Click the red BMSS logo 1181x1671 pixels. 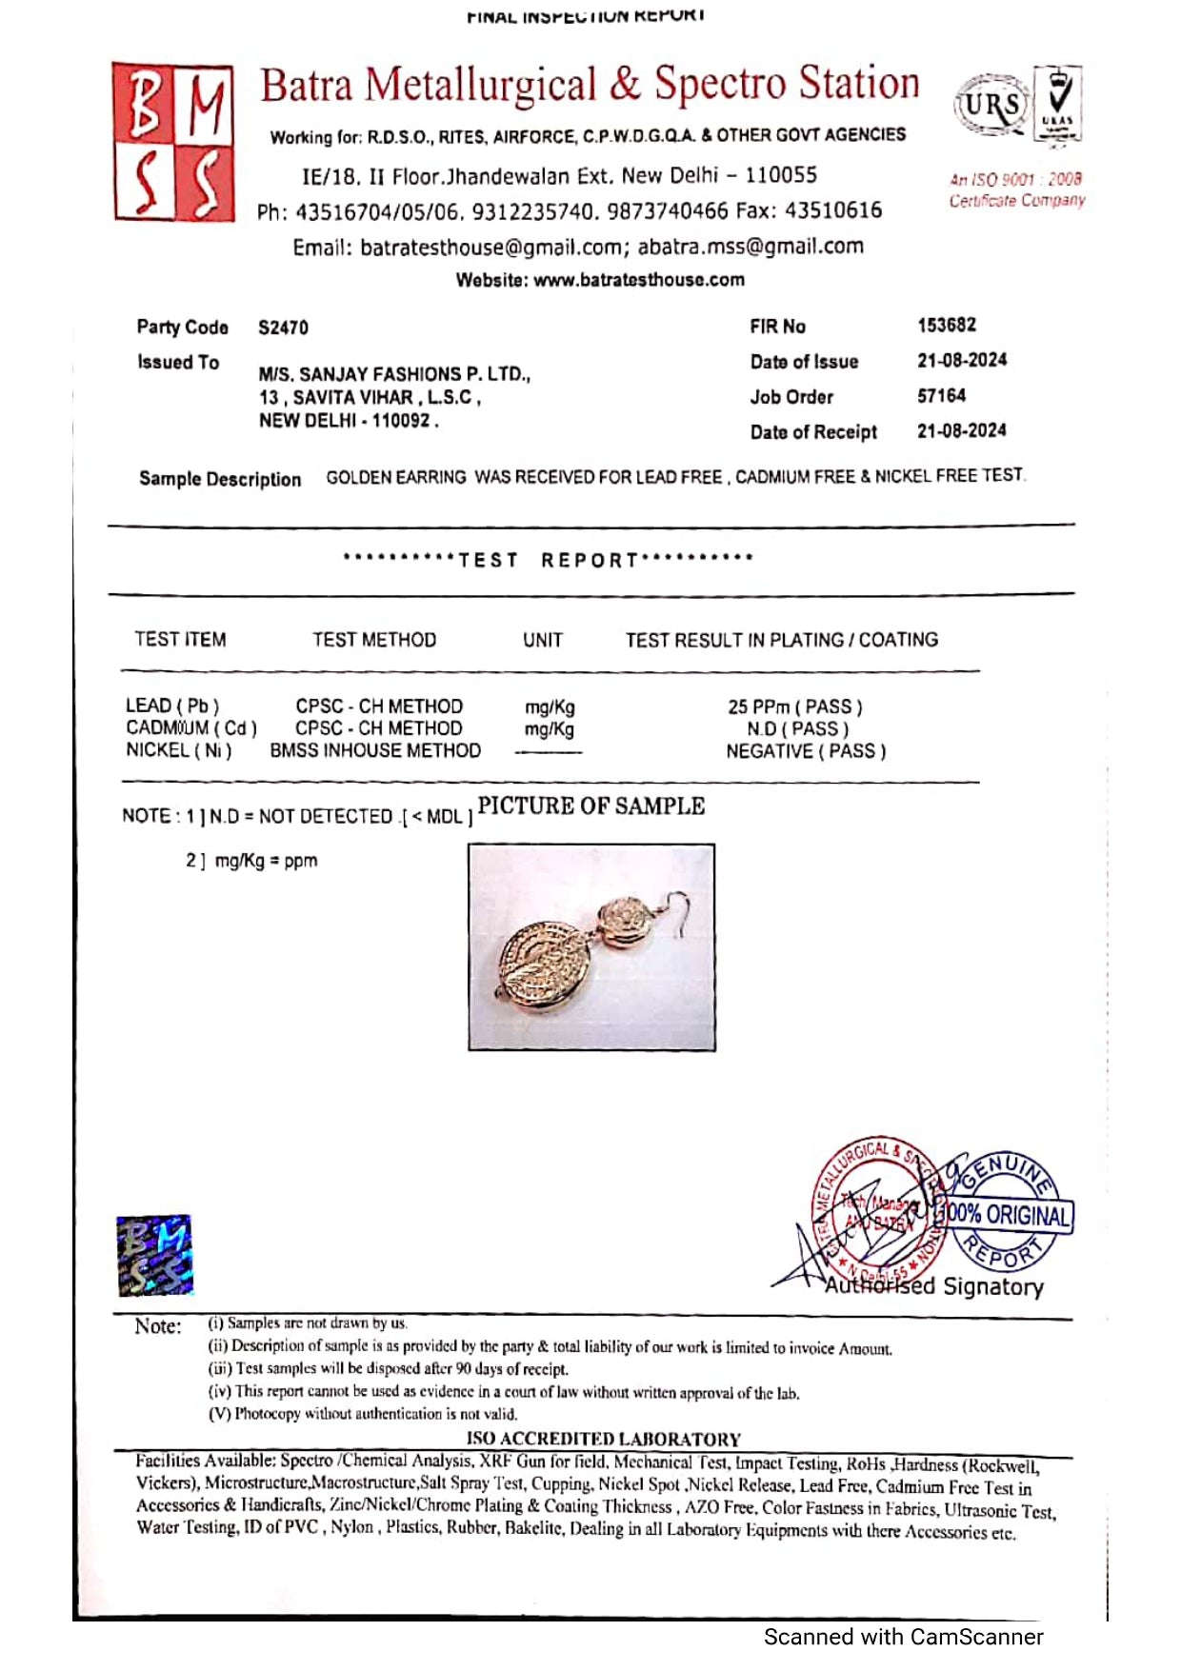coord(173,143)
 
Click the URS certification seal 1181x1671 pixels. coord(991,106)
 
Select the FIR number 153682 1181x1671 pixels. coord(947,325)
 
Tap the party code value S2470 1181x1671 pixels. coord(283,328)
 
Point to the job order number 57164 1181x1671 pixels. coord(941,395)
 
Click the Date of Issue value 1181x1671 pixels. coord(962,360)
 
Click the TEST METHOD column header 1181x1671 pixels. coord(374,640)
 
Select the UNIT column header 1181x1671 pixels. coord(543,640)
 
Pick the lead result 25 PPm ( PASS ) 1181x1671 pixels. coord(795,706)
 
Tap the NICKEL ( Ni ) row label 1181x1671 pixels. coord(179,750)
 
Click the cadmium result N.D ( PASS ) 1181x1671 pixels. coord(798,728)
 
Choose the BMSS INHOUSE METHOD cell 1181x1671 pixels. coord(375,750)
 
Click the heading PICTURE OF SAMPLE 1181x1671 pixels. coord(591,806)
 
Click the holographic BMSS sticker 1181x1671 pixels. coord(154,1255)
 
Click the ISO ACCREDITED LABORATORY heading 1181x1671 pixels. coord(603,1439)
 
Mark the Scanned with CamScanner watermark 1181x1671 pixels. coord(903,1637)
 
